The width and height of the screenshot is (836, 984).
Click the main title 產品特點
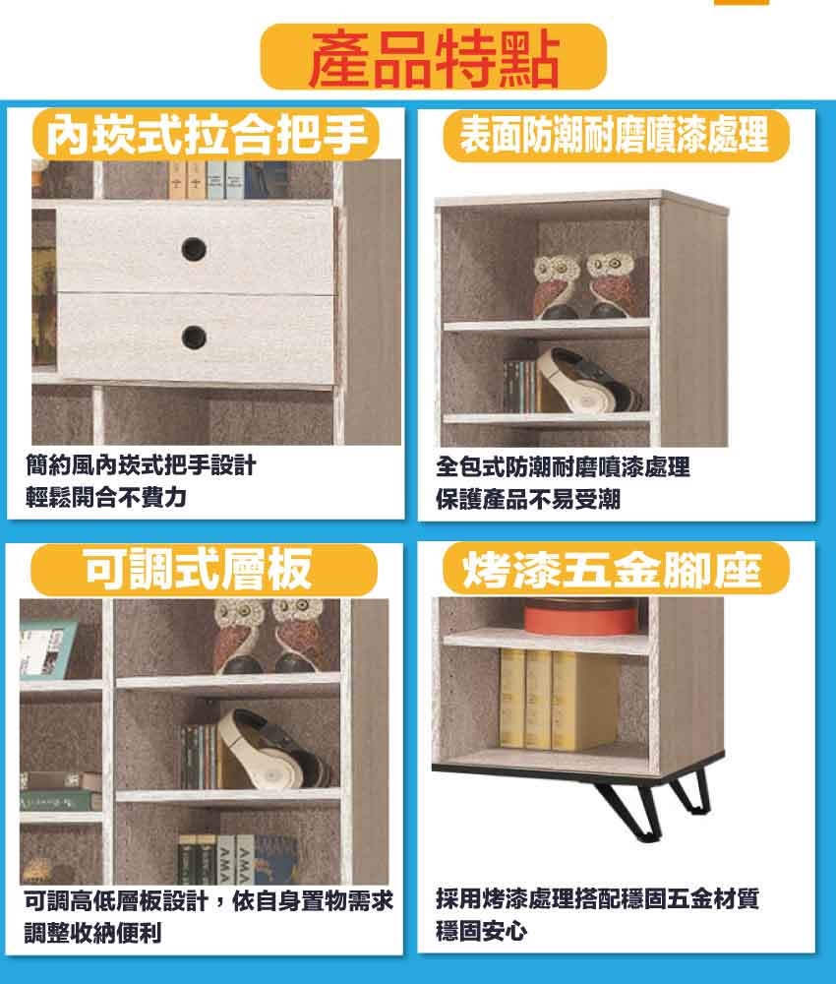tap(434, 58)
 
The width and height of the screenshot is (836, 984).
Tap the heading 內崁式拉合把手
tap(207, 136)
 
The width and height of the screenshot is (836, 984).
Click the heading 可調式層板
tap(199, 569)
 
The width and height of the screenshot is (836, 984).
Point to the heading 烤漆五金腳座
tap(612, 571)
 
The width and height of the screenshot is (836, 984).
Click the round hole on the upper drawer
tap(194, 249)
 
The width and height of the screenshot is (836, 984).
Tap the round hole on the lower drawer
tap(194, 338)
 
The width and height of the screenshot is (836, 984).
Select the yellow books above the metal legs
tap(557, 699)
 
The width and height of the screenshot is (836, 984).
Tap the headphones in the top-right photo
tap(587, 381)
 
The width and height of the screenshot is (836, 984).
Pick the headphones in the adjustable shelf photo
tap(274, 749)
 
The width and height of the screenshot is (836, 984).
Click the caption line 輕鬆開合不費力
tap(106, 498)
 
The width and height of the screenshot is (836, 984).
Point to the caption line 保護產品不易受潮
tap(528, 500)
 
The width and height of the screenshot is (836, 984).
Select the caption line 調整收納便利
tap(92, 932)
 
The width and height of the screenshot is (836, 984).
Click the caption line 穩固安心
tap(482, 931)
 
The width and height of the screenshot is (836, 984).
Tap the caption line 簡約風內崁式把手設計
tap(141, 465)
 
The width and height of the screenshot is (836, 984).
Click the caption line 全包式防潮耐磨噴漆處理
tap(563, 466)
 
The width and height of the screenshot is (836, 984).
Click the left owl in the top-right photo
tap(557, 286)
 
